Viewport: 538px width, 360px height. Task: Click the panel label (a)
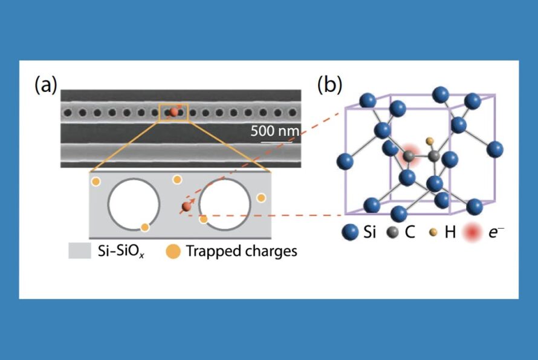pyautogui.click(x=46, y=84)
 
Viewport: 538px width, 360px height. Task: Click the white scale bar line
pyautogui.click(x=273, y=143)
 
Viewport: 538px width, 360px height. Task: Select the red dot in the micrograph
pyautogui.click(x=173, y=112)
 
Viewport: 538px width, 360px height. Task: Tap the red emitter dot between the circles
pyautogui.click(x=186, y=208)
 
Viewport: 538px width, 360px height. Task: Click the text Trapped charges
pyautogui.click(x=241, y=251)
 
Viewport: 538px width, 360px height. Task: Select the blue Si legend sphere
pyautogui.click(x=350, y=232)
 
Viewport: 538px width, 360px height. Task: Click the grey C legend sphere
pyautogui.click(x=395, y=232)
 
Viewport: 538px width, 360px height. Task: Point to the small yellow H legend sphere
pyautogui.click(x=433, y=232)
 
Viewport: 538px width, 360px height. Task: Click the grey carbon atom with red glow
pyautogui.click(x=409, y=156)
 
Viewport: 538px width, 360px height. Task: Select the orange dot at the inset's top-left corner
pyautogui.click(x=96, y=181)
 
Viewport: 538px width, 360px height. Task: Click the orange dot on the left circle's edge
pyautogui.click(x=144, y=227)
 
